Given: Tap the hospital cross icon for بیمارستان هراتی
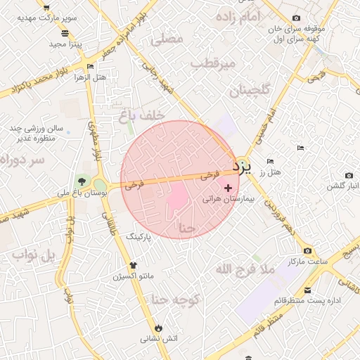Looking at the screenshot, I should [228, 188].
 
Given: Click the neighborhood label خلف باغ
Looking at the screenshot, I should [143, 114].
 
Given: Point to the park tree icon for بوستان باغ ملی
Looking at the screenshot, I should [82, 181].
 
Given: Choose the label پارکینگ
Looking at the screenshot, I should [139, 238].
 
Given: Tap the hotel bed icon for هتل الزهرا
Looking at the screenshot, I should [89, 67].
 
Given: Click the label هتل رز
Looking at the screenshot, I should [270, 172].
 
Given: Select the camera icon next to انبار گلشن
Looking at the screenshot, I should [349, 175].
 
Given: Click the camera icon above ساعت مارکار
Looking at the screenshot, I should [307, 251].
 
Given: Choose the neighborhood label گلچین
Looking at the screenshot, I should [249, 91].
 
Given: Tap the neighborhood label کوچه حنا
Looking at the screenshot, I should [176, 300].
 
